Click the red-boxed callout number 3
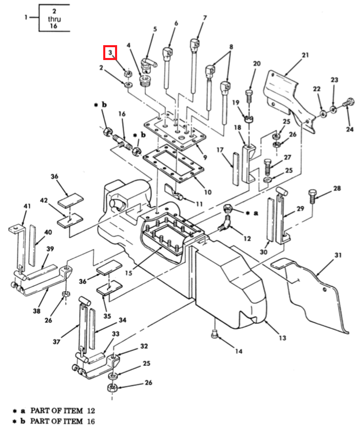110,52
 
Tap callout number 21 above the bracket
305,55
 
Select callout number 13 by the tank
282,338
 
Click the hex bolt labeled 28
313,196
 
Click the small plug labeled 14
215,334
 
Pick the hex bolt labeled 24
348,102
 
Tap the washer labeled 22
323,113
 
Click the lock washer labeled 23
333,109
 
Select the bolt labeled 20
249,96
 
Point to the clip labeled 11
174,192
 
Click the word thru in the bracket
54,19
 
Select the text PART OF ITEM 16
62,421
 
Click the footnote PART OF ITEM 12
63,411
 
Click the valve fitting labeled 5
148,65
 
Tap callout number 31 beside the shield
338,256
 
